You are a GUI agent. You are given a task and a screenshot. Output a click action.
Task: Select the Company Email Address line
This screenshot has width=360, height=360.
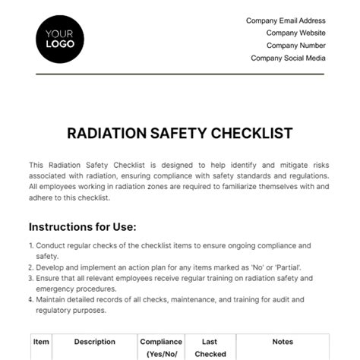(286, 21)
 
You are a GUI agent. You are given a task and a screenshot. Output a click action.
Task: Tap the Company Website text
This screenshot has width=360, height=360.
(295, 33)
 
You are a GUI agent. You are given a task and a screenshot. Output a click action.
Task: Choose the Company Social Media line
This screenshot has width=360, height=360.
(288, 58)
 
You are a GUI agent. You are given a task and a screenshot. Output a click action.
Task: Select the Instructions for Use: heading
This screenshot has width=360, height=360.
(83, 226)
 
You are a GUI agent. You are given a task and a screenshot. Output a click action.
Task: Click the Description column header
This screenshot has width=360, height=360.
(95, 343)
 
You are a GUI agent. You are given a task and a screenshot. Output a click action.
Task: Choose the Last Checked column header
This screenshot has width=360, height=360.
(210, 348)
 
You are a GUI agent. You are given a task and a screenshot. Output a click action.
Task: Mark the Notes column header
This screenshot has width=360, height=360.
(283, 343)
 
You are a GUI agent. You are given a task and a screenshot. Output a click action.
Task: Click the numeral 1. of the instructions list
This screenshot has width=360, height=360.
(32, 245)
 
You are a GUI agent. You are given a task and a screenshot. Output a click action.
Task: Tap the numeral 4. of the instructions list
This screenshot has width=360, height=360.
(32, 298)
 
